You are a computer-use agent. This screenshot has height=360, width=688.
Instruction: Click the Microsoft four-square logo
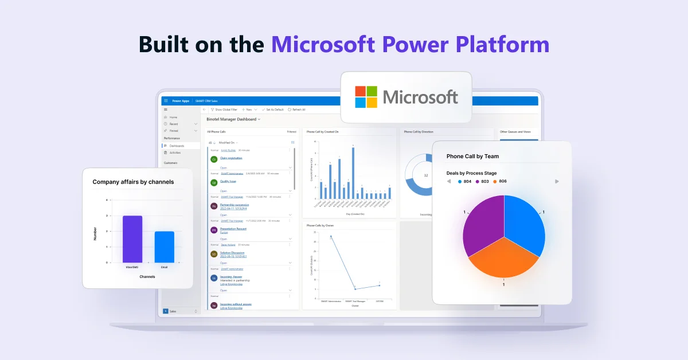tap(366, 97)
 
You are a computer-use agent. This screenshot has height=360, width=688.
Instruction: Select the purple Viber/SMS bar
tap(132, 239)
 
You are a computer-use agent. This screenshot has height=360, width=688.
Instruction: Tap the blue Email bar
tap(164, 246)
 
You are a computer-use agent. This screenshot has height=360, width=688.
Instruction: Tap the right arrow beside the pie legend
tap(557, 181)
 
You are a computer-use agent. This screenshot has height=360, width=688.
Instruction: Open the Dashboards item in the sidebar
tap(177, 146)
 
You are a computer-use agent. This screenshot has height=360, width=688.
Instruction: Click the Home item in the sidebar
tap(173, 117)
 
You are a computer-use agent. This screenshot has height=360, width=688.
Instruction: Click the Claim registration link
tap(231, 158)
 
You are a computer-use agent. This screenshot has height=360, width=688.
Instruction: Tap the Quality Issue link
tap(228, 181)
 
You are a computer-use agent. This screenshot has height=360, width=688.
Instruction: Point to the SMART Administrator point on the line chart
tap(331, 236)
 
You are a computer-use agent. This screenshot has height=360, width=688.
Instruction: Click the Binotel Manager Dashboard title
tap(232, 119)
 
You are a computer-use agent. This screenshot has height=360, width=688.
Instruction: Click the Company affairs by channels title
tap(133, 182)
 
